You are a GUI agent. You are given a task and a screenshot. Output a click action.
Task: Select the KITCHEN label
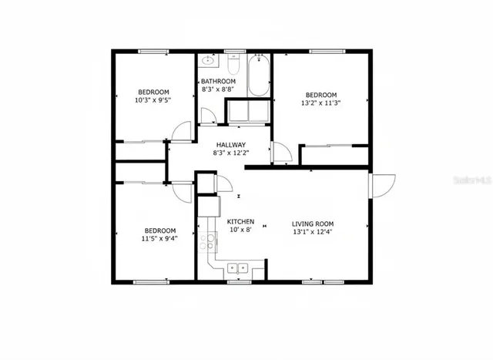tap(240, 221)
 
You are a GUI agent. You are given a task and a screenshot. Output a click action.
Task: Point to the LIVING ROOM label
tap(312, 222)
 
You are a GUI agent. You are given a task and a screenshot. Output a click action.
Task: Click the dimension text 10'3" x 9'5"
tap(153, 99)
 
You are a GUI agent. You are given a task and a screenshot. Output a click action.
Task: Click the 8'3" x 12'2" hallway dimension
tap(230, 153)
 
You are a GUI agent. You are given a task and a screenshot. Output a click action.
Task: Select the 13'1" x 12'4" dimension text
tap(312, 230)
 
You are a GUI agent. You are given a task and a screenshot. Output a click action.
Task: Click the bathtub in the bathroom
tap(258, 76)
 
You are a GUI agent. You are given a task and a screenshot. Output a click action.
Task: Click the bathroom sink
tap(209, 61)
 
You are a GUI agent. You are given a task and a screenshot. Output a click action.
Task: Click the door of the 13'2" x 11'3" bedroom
tap(280, 154)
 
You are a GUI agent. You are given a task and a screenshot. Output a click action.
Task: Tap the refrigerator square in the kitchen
tap(208, 207)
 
